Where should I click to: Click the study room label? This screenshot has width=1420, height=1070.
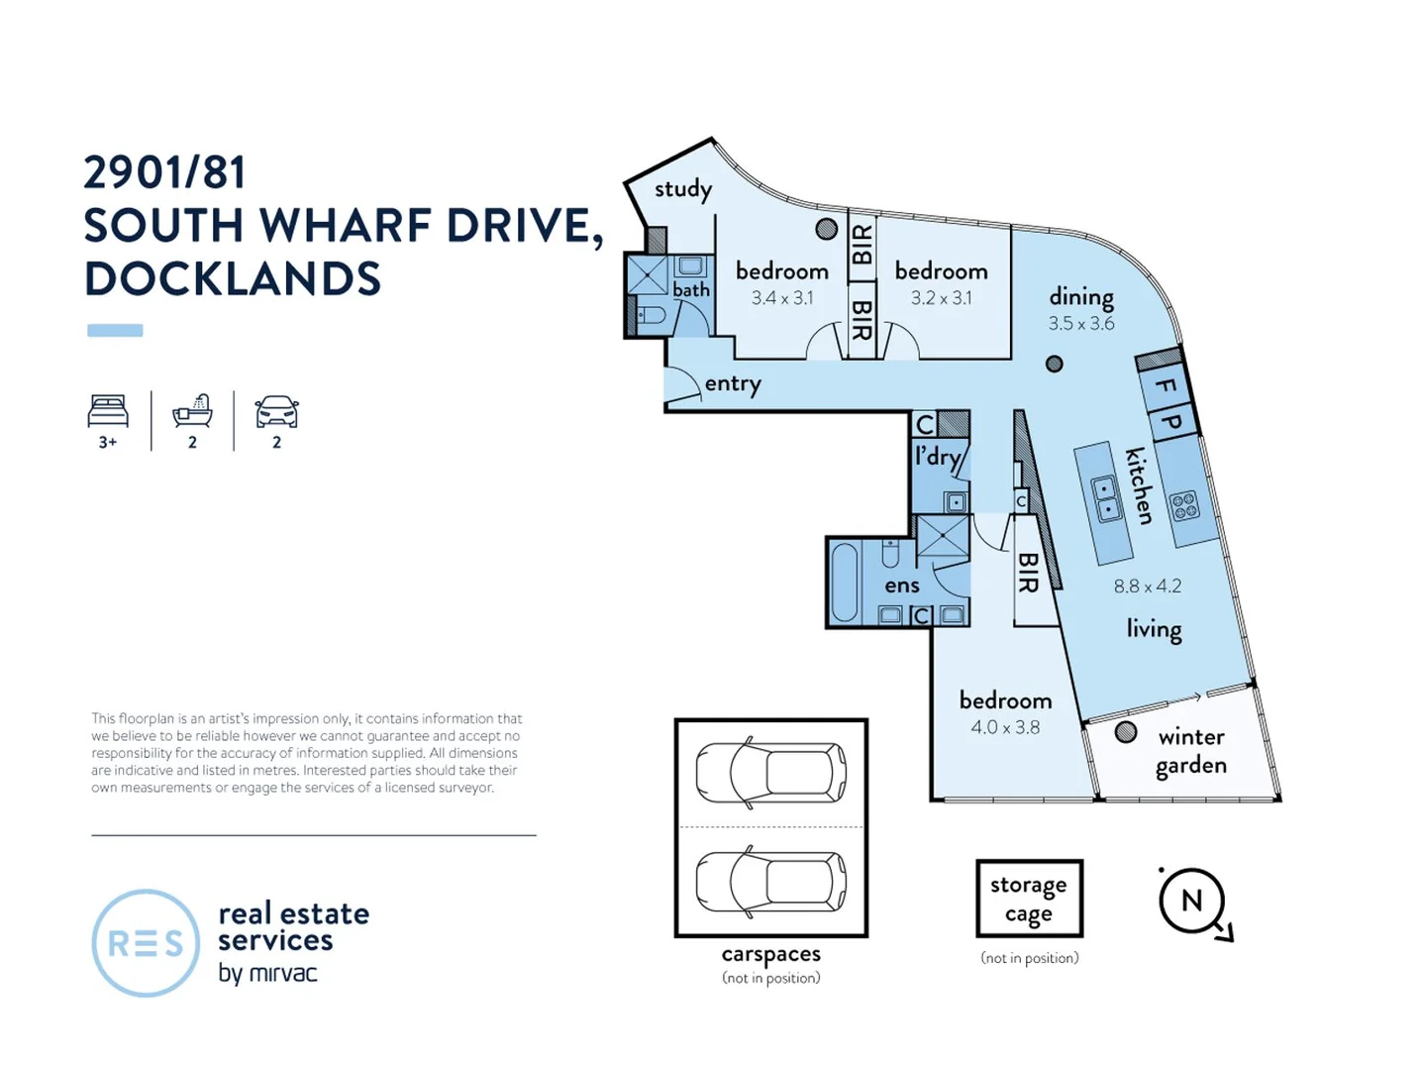pyautogui.click(x=682, y=189)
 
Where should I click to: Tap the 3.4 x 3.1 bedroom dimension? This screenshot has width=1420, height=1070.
pyautogui.click(x=781, y=297)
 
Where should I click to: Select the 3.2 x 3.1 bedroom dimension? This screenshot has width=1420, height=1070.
pyautogui.click(x=941, y=297)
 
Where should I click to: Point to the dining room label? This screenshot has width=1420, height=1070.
pyautogui.click(x=1081, y=296)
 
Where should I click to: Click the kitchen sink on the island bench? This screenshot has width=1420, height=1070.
pyautogui.click(x=1105, y=498)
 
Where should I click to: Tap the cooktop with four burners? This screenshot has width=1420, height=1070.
pyautogui.click(x=1185, y=506)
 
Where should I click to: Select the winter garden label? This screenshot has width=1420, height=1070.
pyautogui.click(x=1191, y=751)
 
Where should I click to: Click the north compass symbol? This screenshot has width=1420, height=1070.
pyautogui.click(x=1192, y=901)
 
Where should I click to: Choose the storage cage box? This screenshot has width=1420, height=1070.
pyautogui.click(x=1029, y=898)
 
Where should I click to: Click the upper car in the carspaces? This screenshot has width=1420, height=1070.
pyautogui.click(x=770, y=771)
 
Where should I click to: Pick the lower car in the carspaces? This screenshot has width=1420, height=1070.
pyautogui.click(x=770, y=880)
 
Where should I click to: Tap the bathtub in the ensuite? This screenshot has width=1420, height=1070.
pyautogui.click(x=844, y=583)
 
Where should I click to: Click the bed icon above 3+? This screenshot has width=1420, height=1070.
pyautogui.click(x=108, y=411)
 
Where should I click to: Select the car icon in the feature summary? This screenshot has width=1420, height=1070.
pyautogui.click(x=276, y=411)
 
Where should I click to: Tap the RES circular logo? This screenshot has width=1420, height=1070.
pyautogui.click(x=146, y=942)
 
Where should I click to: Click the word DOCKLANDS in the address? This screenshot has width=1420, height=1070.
pyautogui.click(x=233, y=279)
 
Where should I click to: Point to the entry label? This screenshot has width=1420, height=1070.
pyautogui.click(x=733, y=383)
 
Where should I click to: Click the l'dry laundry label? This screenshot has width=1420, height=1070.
pyautogui.click(x=937, y=457)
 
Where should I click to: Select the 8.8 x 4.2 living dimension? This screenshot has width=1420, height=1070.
pyautogui.click(x=1147, y=586)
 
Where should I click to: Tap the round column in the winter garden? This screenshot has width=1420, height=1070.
pyautogui.click(x=1125, y=732)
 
